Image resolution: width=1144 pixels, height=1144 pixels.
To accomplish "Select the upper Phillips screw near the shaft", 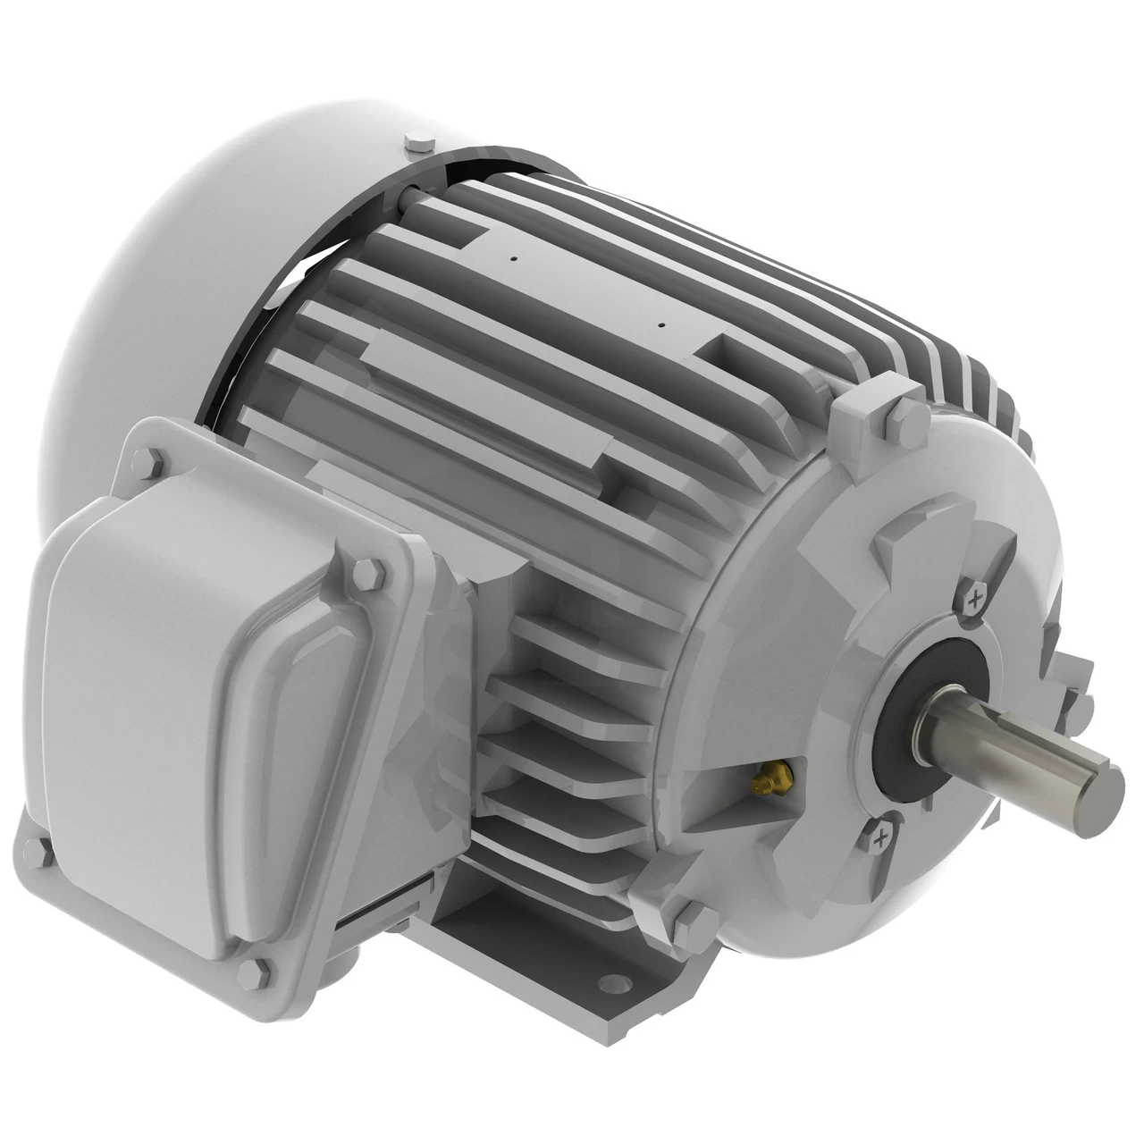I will click(x=973, y=596).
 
